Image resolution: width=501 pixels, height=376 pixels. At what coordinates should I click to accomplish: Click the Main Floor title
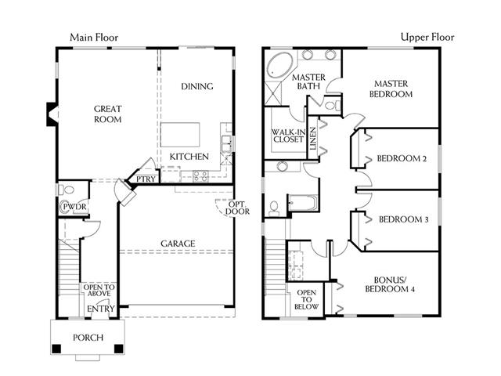[x=94, y=38]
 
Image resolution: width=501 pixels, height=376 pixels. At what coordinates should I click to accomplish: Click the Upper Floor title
[x=427, y=37]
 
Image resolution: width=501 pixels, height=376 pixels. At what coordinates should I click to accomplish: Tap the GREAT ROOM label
[x=108, y=114]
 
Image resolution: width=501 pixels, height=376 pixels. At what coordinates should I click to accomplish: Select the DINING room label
[x=197, y=86]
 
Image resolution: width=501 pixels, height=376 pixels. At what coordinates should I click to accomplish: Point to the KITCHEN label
[x=189, y=157]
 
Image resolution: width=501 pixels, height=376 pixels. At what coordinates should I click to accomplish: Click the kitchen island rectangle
[x=180, y=135]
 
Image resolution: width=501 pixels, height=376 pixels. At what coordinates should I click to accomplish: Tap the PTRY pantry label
[x=146, y=179]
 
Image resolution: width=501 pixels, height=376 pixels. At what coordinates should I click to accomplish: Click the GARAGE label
[x=178, y=244]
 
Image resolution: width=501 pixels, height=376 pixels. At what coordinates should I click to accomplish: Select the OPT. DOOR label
[x=237, y=208]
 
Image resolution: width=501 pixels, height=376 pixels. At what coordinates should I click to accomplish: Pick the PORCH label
[x=88, y=338]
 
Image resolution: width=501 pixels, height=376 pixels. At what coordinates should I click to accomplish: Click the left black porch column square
[x=56, y=349]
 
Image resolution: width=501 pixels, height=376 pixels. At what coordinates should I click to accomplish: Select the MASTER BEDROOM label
[x=391, y=89]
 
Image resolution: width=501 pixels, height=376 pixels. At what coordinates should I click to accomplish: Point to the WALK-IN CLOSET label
[x=289, y=136]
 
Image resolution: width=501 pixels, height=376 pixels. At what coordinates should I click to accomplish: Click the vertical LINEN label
[x=313, y=139]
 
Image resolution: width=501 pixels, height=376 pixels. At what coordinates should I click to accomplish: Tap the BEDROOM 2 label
[x=402, y=158]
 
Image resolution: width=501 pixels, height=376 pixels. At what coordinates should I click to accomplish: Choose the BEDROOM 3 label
[x=404, y=219]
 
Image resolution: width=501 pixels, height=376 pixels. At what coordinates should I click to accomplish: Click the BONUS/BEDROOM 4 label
[x=390, y=284]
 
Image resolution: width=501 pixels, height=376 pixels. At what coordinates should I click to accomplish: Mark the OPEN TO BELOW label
[x=306, y=299]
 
